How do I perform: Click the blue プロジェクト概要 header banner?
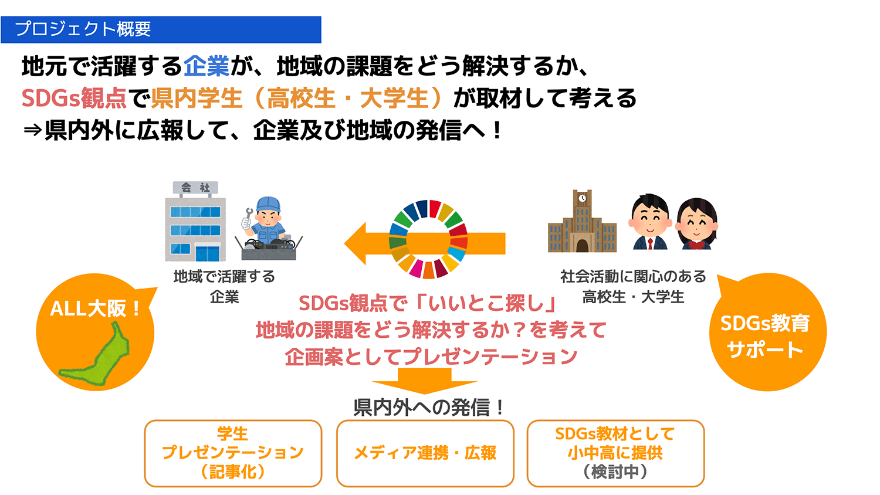pos(161,29)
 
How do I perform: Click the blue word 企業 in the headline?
pos(207,66)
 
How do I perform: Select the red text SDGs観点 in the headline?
pos(74,98)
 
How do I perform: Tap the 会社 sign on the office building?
pos(195,188)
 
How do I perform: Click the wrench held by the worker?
pos(247,218)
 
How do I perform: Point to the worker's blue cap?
pos(268,204)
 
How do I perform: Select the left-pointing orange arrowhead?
pos(356,243)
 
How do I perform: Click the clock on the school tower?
pos(582,198)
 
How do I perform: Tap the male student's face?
pos(649,221)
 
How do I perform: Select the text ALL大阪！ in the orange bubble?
pos(96,308)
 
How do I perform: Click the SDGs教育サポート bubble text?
pos(765,336)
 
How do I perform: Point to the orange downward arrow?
pos(424,381)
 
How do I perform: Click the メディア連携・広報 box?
pos(425,453)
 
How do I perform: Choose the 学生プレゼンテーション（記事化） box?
pos(233,453)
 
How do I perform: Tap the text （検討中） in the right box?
pos(615,472)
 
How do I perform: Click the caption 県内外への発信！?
pos(429,408)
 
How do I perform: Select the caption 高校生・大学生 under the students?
pos(633,297)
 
